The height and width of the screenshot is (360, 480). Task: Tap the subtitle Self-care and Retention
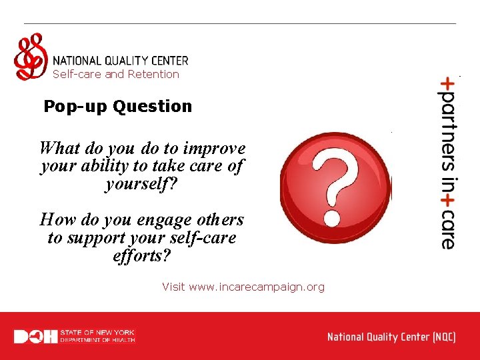point(116,75)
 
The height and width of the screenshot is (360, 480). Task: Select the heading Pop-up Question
point(117,106)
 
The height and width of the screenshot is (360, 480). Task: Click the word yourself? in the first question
point(141,184)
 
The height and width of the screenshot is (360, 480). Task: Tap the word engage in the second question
point(147,220)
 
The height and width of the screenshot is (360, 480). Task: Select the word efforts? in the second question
point(142,256)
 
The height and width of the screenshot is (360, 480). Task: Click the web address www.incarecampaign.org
point(257,287)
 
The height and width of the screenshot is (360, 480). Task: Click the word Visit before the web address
point(173,287)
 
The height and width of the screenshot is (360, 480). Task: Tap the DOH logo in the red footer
point(35,337)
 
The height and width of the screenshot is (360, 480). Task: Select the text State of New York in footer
point(97,332)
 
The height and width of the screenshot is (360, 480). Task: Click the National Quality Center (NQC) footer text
point(391,337)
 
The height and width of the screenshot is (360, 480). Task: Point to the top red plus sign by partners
point(447,83)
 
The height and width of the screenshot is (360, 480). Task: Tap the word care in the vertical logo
point(447,231)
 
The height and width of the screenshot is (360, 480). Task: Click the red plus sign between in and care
point(447,201)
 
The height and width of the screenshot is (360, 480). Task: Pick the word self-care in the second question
point(203,238)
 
